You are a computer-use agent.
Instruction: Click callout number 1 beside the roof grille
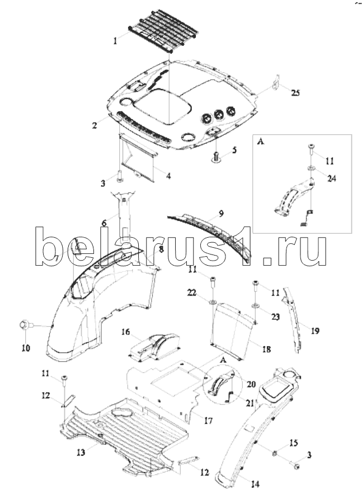tap(116, 40)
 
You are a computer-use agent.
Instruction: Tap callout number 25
tap(295, 93)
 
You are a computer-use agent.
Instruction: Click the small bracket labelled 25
tap(276, 83)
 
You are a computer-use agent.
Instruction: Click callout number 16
tap(126, 332)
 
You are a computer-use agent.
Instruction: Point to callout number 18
tap(266, 349)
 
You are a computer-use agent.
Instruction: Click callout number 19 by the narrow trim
tap(315, 331)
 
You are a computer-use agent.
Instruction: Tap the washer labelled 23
tap(255, 306)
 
